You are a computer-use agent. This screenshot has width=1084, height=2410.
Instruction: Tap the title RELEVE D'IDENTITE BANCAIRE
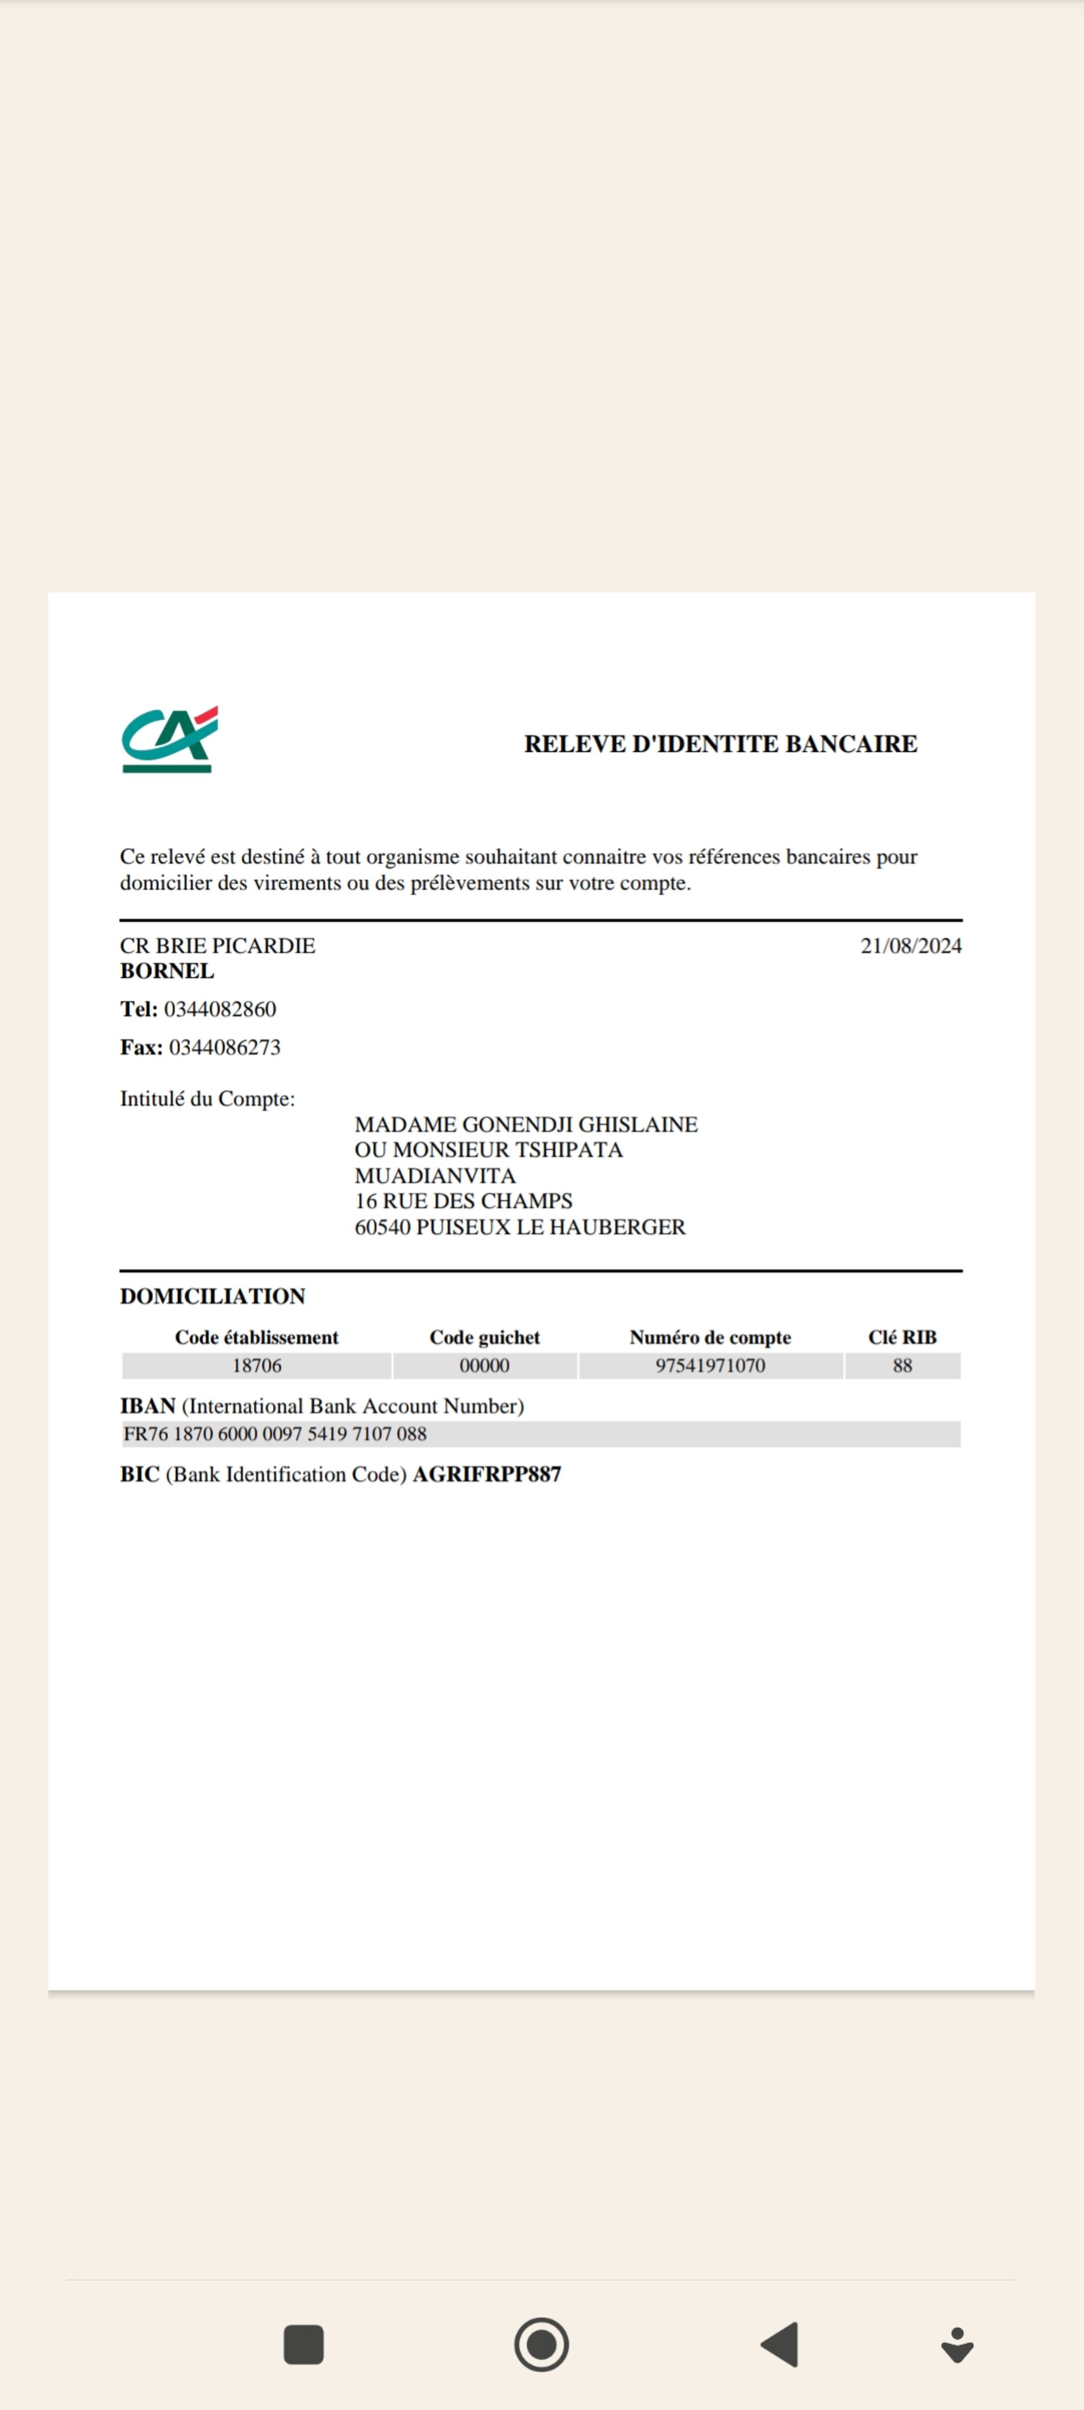click(720, 743)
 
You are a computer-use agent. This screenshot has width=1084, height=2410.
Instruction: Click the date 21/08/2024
click(910, 946)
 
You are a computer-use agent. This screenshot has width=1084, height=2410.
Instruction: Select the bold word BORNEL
click(166, 971)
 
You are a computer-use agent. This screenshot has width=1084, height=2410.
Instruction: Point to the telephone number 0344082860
click(220, 1009)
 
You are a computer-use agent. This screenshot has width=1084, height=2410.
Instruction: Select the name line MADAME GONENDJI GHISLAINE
click(526, 1125)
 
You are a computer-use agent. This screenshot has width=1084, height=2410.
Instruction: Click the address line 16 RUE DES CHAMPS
click(463, 1201)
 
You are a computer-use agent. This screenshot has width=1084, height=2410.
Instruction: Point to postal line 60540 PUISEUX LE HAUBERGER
click(519, 1227)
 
